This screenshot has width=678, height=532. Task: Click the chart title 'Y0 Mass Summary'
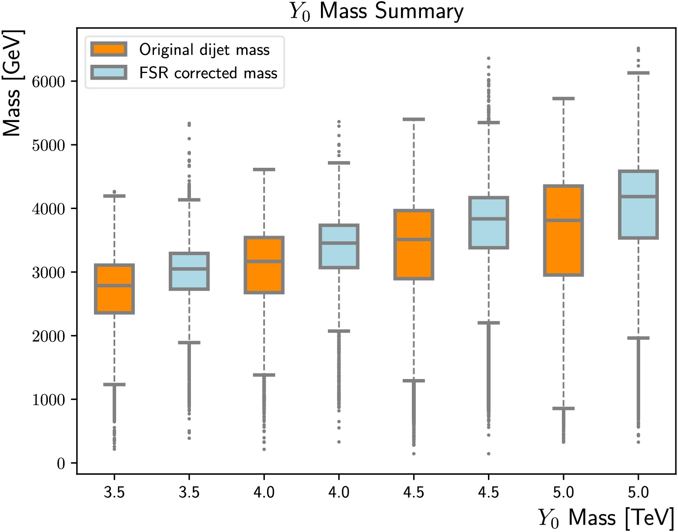pyautogui.click(x=377, y=11)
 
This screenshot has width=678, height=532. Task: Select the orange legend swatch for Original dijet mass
pyautogui.click(x=109, y=49)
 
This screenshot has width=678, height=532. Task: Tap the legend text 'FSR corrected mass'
pyautogui.click(x=208, y=73)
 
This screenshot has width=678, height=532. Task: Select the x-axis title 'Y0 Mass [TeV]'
pyautogui.click(x=606, y=518)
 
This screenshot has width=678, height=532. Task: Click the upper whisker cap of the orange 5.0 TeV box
pyautogui.click(x=564, y=99)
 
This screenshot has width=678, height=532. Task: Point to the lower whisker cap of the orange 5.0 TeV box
pyautogui.click(x=564, y=409)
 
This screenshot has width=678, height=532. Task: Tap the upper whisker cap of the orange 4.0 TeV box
pyautogui.click(x=264, y=170)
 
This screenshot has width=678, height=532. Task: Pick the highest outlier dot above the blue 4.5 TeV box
pyautogui.click(x=488, y=58)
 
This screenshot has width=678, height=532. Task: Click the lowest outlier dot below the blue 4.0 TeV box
pyautogui.click(x=339, y=442)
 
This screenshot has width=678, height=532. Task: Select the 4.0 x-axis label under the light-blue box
pyautogui.click(x=339, y=492)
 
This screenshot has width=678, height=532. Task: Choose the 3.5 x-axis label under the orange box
pyautogui.click(x=114, y=492)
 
